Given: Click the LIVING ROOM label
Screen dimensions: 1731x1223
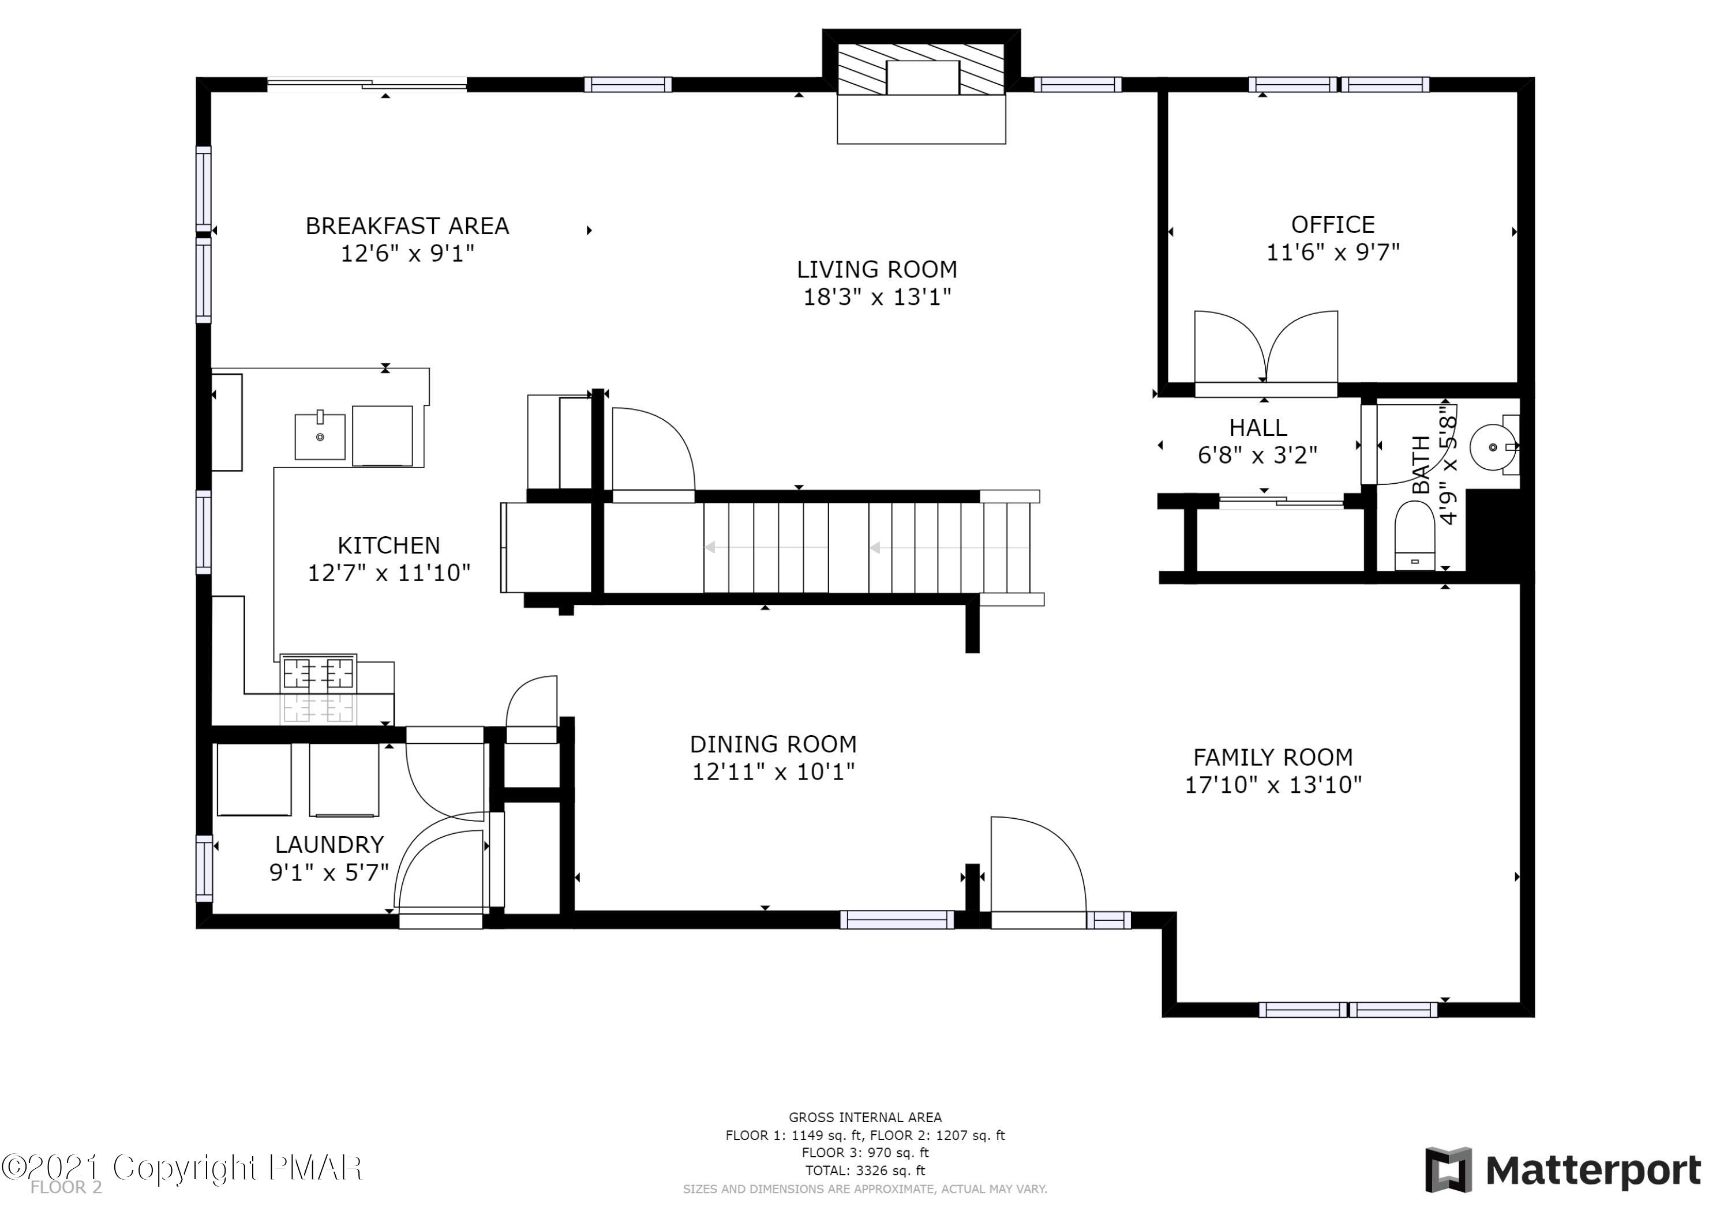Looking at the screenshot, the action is tap(877, 270).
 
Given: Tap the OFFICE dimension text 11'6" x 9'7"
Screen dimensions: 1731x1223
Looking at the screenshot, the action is tap(1332, 253).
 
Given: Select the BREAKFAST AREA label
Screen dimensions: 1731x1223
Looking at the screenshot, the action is tap(407, 226).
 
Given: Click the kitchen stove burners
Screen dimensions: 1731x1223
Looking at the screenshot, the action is tap(318, 673).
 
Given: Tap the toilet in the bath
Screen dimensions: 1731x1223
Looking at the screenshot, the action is tap(1414, 536).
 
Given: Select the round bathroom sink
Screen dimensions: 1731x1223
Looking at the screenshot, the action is tap(1493, 447).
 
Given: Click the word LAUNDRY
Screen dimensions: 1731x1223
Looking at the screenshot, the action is tap(329, 845).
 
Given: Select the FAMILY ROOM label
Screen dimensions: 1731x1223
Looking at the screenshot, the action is tap(1273, 757).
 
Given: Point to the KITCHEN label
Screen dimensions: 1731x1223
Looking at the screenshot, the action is tap(388, 545).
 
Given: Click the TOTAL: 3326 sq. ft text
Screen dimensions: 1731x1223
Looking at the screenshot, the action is tap(865, 1171).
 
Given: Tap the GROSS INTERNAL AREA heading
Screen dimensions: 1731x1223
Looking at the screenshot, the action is tap(865, 1117).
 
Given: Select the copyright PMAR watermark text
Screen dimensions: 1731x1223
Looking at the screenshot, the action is tap(182, 1168).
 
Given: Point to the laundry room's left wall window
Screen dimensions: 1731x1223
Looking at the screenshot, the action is tap(204, 868).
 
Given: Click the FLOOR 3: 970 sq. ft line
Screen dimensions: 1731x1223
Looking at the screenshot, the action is tap(865, 1153).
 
